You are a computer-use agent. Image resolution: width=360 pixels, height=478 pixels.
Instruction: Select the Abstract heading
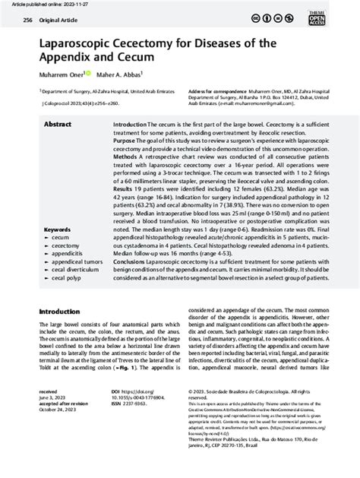58,123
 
